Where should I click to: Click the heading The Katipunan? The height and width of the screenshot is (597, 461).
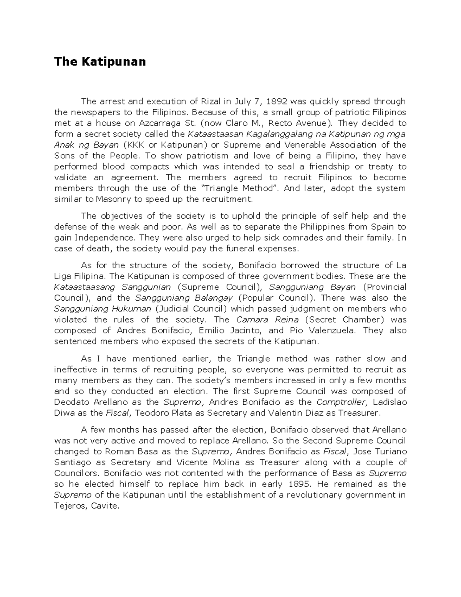pos(100,62)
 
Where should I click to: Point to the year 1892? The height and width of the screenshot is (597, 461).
pos(277,101)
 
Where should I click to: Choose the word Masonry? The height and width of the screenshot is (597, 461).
pos(113,199)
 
